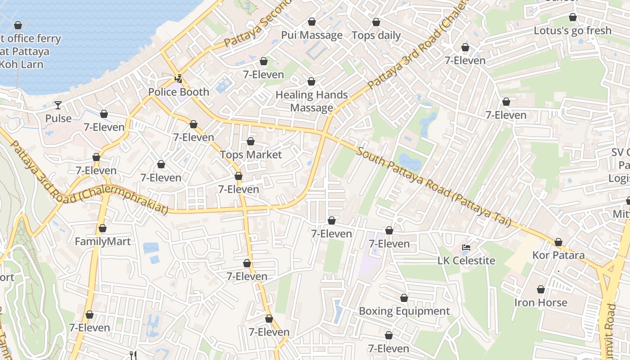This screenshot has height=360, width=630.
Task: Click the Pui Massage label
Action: click(312, 35)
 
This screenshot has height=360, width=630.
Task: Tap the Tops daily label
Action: click(376, 36)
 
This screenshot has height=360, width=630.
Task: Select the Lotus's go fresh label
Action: click(572, 31)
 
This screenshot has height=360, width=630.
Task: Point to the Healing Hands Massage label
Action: click(311, 101)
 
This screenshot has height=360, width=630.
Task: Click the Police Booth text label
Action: click(179, 92)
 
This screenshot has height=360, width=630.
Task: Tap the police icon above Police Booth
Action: click(179, 78)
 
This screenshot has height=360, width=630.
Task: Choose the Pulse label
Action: click(58, 118)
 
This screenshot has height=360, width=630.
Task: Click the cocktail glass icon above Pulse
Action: click(58, 105)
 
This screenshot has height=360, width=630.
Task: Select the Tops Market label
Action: click(251, 155)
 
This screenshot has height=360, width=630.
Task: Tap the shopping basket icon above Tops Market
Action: click(251, 142)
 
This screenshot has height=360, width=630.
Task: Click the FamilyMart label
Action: click(103, 242)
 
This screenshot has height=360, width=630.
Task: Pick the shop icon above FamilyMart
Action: click(103, 229)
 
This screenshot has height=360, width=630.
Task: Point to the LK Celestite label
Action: click(466, 261)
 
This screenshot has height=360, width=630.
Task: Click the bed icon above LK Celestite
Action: click(466, 247)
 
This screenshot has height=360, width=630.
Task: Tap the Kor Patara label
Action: click(558, 255)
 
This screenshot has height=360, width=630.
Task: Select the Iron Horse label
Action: click(540, 303)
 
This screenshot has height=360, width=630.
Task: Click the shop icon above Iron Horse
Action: click(540, 290)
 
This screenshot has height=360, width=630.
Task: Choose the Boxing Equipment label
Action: click(404, 311)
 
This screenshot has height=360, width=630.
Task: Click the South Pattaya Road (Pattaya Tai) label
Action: click(434, 187)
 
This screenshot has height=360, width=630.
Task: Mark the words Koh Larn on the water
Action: click(22, 64)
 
